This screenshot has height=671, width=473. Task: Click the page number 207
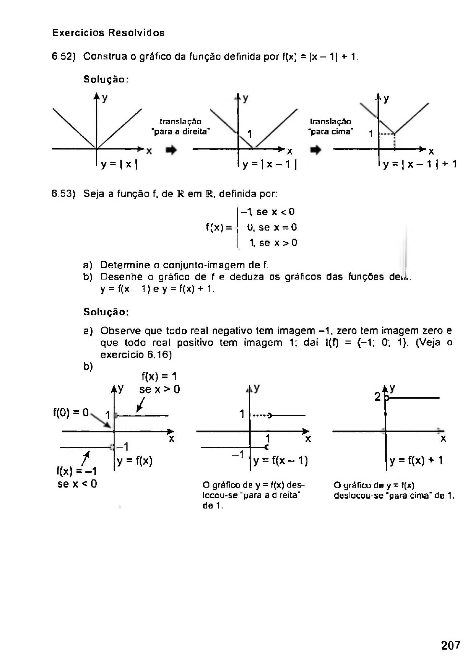[450, 645]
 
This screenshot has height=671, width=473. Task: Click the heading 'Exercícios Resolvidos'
[108, 33]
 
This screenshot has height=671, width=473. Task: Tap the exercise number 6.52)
[64, 57]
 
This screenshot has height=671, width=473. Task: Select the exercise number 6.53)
[64, 194]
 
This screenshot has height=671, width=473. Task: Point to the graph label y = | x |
[119, 164]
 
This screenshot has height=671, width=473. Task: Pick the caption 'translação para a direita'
[181, 127]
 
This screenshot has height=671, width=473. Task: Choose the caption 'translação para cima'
[331, 127]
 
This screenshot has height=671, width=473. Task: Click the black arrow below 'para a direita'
[171, 150]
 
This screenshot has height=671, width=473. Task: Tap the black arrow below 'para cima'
[316, 150]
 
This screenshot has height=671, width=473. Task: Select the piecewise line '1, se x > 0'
[273, 242]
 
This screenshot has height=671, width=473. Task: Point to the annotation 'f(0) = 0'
[71, 412]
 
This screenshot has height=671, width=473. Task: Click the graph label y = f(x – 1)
[280, 460]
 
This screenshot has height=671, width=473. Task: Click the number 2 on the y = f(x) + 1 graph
[378, 397]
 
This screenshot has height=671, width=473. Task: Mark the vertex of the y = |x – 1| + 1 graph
[394, 133]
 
